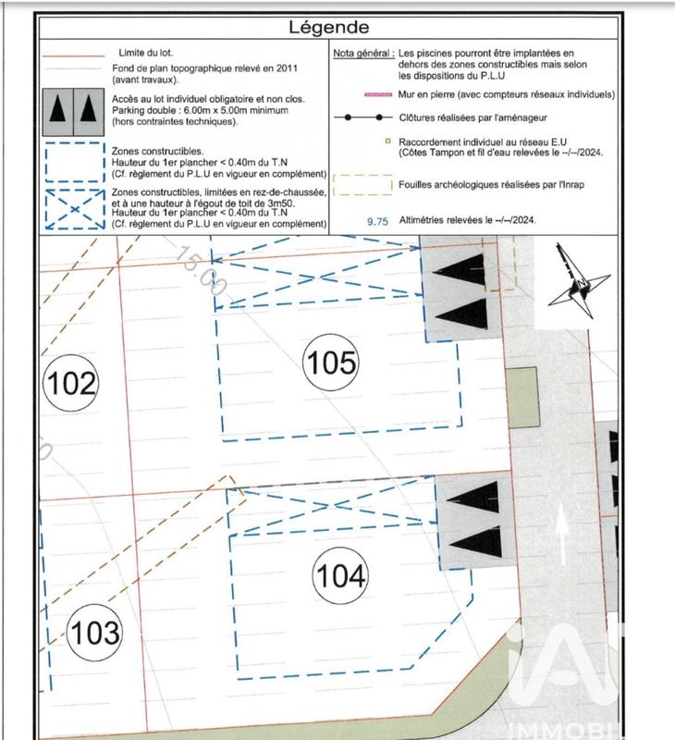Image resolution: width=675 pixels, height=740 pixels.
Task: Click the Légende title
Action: coord(328,28)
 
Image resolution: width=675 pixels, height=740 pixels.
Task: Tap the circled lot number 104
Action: coord(341,576)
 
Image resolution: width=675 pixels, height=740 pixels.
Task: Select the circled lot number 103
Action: coord(94,633)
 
